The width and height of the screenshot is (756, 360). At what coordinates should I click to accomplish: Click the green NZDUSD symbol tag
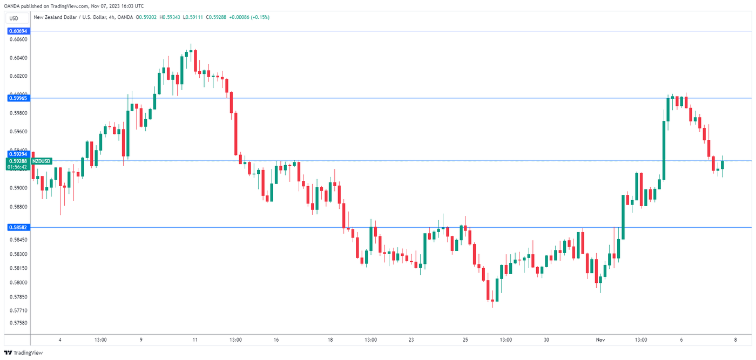pyautogui.click(x=41, y=161)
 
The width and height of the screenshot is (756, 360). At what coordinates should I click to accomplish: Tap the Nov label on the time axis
pyautogui.click(x=600, y=340)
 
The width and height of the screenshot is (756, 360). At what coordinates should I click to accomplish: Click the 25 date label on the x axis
pyautogui.click(x=465, y=340)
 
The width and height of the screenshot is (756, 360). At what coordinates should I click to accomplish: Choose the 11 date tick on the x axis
pyautogui.click(x=195, y=340)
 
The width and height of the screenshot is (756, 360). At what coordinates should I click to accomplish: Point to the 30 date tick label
pyautogui.click(x=546, y=340)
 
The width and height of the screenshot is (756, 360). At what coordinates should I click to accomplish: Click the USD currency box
pyautogui.click(x=14, y=18)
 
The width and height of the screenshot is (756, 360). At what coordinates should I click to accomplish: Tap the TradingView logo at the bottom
pyautogui.click(x=23, y=352)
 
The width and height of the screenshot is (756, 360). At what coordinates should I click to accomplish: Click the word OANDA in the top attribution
pyautogui.click(x=11, y=6)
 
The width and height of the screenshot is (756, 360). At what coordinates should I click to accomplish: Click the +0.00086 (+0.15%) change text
pyautogui.click(x=249, y=17)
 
